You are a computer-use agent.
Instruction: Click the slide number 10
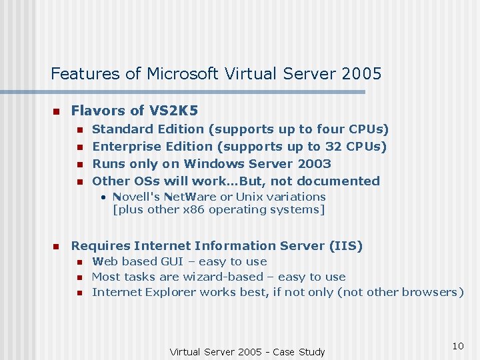tap(457, 345)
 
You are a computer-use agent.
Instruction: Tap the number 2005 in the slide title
tap(360, 73)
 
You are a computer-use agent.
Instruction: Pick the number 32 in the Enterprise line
tap(333, 146)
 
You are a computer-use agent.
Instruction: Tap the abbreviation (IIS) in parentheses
tap(346, 246)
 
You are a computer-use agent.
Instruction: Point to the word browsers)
tap(434, 292)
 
